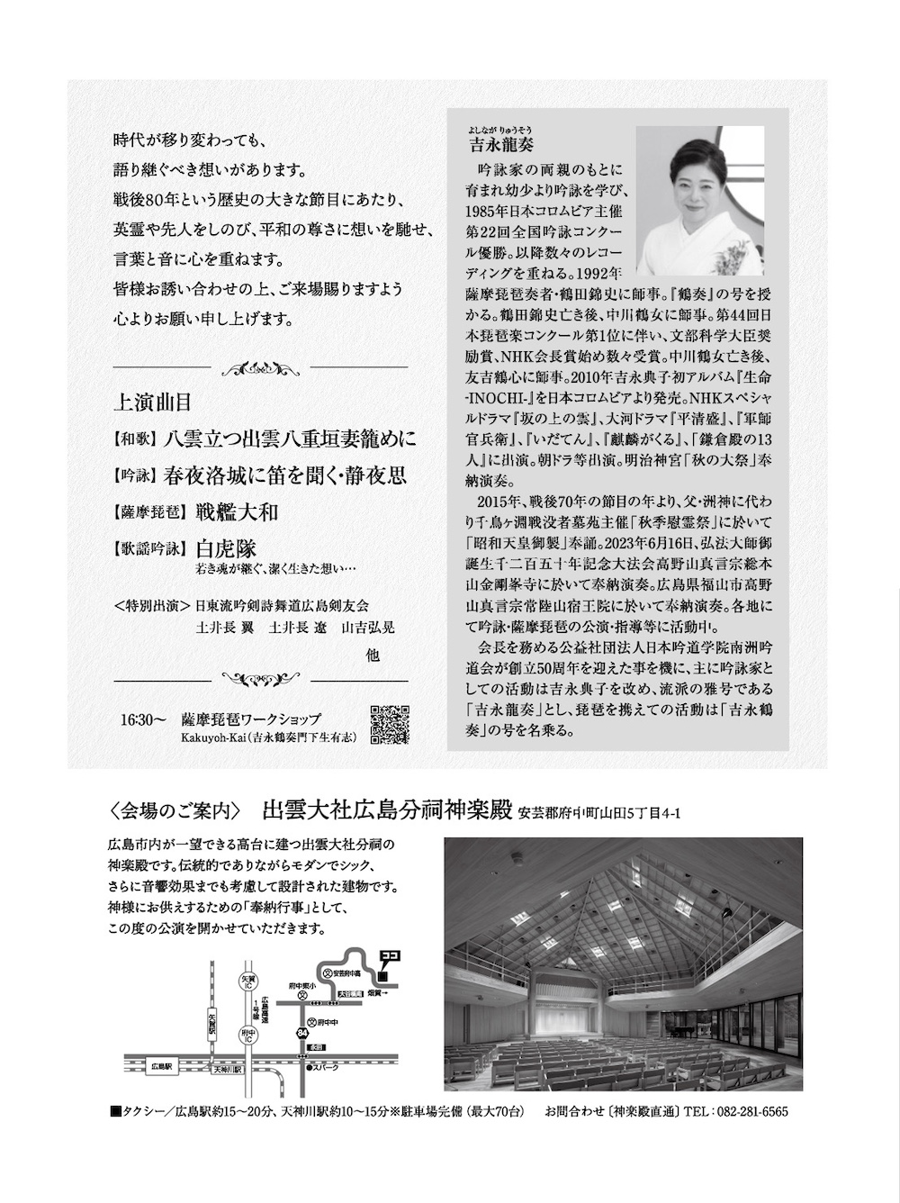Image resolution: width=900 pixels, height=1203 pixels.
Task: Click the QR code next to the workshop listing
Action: [390, 724]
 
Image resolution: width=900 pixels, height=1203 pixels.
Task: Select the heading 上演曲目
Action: [152, 402]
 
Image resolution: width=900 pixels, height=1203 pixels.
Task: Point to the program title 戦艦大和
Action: [237, 512]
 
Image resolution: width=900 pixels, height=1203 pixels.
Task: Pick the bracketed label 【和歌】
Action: [131, 440]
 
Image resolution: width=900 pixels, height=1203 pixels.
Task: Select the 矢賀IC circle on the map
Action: [249, 979]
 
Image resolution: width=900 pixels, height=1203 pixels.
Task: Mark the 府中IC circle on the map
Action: [249, 1036]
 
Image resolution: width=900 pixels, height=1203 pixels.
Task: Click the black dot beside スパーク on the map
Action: [309, 1068]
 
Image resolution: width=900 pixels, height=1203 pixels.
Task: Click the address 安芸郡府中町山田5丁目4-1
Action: [599, 813]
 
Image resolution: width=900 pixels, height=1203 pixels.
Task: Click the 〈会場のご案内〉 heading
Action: [174, 811]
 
